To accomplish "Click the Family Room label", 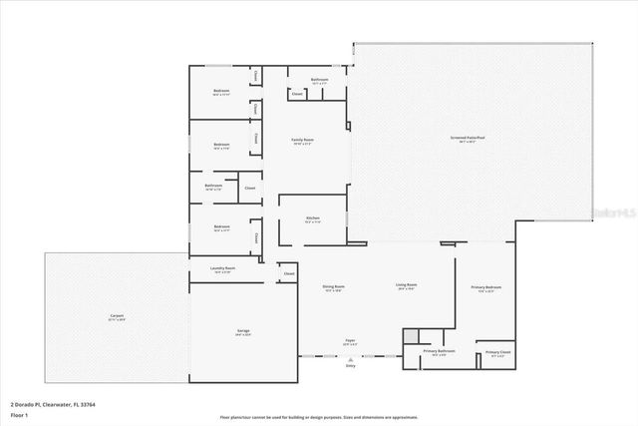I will pyautogui.click(x=302, y=141).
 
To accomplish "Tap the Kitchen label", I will pyautogui.click(x=312, y=218).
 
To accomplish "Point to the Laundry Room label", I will pyautogui.click(x=222, y=268).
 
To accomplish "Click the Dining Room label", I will pyautogui.click(x=333, y=287).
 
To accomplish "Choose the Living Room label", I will pyautogui.click(x=407, y=287).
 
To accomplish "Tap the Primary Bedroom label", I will pyautogui.click(x=486, y=288).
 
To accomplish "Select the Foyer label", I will pyautogui.click(x=350, y=341).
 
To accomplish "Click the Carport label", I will pyautogui.click(x=117, y=317).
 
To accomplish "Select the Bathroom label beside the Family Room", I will pyautogui.click(x=319, y=80).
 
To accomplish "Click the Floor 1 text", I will pyautogui.click(x=19, y=413).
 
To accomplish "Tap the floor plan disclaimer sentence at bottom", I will pyautogui.click(x=319, y=416).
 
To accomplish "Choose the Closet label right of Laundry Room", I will pyautogui.click(x=289, y=273).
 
